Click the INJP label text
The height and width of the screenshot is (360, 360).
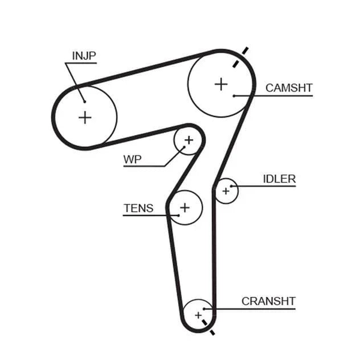coord(84,56)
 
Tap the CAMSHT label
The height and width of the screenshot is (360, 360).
coord(289,88)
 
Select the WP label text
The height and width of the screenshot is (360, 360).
coord(133,160)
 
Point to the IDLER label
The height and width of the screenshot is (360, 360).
coord(279,179)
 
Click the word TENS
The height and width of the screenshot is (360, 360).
coord(139,208)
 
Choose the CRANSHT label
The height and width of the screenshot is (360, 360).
coord(268,301)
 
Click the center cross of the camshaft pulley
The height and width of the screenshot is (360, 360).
coord(221,84)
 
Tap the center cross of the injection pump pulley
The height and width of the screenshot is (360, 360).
coord(85,118)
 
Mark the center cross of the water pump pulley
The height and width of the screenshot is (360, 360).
coord(189,140)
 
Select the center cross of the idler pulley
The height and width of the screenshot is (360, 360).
coord(226,191)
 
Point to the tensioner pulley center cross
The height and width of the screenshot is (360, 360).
coord(185,208)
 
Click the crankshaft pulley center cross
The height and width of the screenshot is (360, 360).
coord(198,315)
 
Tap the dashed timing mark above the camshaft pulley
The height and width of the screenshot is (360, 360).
coord(241,58)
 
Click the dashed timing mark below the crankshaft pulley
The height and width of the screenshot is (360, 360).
coord(208,328)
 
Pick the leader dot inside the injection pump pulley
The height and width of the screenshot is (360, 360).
coord(85,102)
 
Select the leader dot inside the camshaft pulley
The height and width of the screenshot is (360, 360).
coord(234,96)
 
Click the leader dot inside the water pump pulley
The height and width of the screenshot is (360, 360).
coord(184,147)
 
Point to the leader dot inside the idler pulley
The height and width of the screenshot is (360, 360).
coord(231,186)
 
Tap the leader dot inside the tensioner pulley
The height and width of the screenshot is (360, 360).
coord(179,215)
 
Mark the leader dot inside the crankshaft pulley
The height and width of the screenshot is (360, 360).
coord(204,309)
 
